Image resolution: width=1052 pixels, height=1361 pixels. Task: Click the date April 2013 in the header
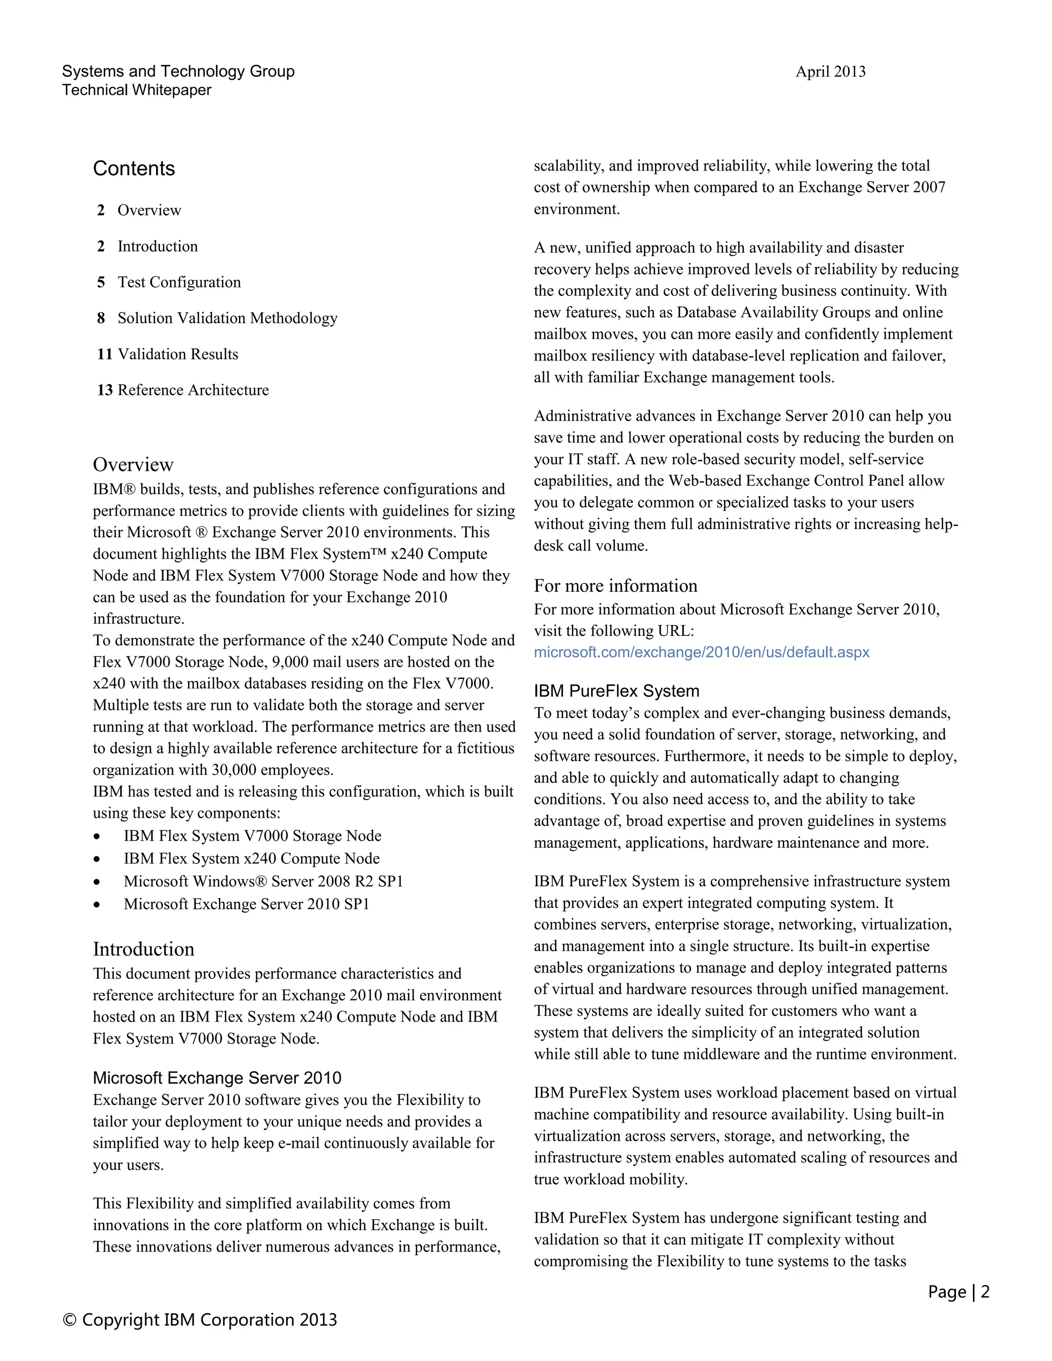point(830,72)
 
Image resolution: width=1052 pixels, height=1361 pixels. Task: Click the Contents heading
point(134,168)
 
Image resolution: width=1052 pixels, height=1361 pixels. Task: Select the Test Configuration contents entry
point(179,282)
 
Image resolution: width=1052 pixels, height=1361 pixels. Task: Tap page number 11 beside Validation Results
point(104,354)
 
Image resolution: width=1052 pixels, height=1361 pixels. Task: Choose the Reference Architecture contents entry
point(193,390)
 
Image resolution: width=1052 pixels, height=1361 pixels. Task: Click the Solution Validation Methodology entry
point(228,318)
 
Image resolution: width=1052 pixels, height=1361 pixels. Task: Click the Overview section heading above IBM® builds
point(133,464)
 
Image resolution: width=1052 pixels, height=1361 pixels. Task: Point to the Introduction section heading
point(143,949)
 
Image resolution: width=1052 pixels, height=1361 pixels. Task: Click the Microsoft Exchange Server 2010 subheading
point(217,1078)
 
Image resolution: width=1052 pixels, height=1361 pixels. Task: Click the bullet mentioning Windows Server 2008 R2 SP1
point(263,881)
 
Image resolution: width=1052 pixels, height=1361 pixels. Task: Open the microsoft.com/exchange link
point(701,652)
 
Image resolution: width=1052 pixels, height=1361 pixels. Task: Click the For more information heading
point(615,586)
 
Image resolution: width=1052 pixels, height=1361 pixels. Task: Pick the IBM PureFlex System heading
point(616,691)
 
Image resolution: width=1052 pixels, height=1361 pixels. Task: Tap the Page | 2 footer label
point(958,1292)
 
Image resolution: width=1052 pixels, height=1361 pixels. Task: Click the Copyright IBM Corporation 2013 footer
point(199,1320)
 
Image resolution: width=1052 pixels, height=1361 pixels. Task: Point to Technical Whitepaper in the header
point(137,90)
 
